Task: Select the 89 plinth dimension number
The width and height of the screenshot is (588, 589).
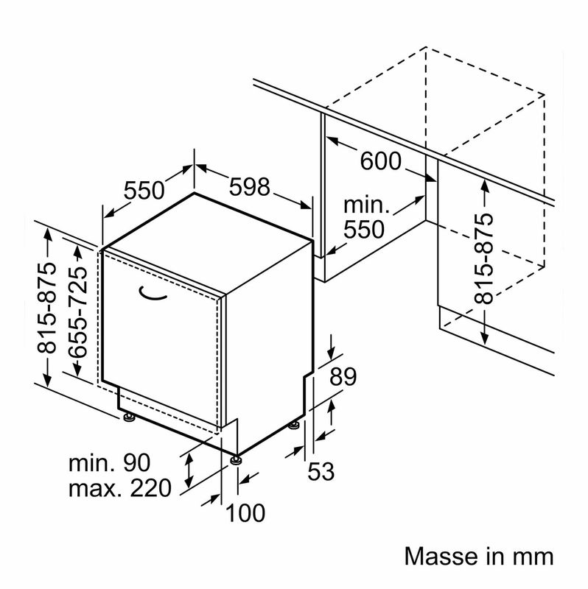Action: pos(342,377)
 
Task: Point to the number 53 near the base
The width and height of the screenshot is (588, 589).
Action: pos(322,471)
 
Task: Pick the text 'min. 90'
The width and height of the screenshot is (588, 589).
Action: pos(109,463)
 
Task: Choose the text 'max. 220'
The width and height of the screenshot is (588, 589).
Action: pos(119,487)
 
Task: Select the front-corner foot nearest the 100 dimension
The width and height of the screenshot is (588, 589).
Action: pos(236,460)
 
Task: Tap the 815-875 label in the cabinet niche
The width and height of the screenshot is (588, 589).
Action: pos(483,259)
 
